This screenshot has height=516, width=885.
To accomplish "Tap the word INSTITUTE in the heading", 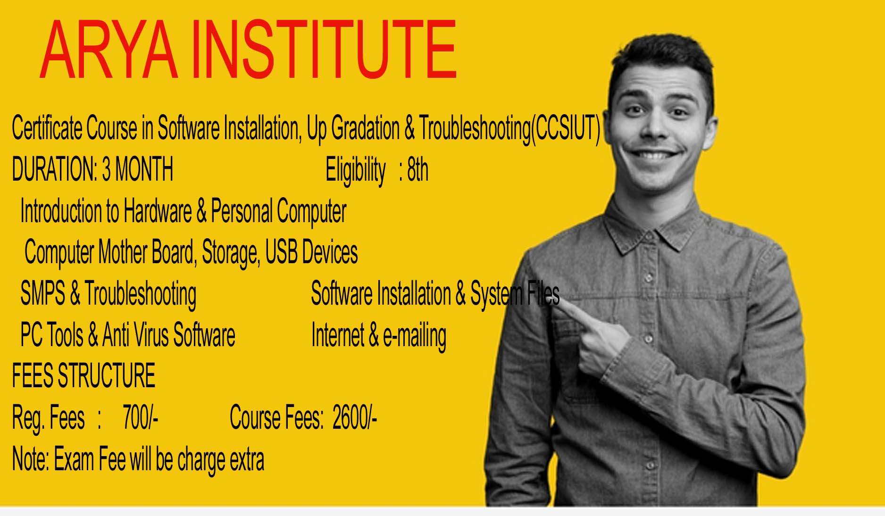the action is [325, 50].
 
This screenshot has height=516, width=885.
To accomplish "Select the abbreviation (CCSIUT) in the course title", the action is [566, 128].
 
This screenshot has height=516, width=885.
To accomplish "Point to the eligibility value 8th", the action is [417, 169].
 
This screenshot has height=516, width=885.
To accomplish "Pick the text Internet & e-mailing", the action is [379, 336].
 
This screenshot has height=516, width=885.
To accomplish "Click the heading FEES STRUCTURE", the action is [83, 375].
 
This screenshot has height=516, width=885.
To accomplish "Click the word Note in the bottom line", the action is [30, 458].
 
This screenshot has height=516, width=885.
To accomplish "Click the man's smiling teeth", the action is [653, 154].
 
